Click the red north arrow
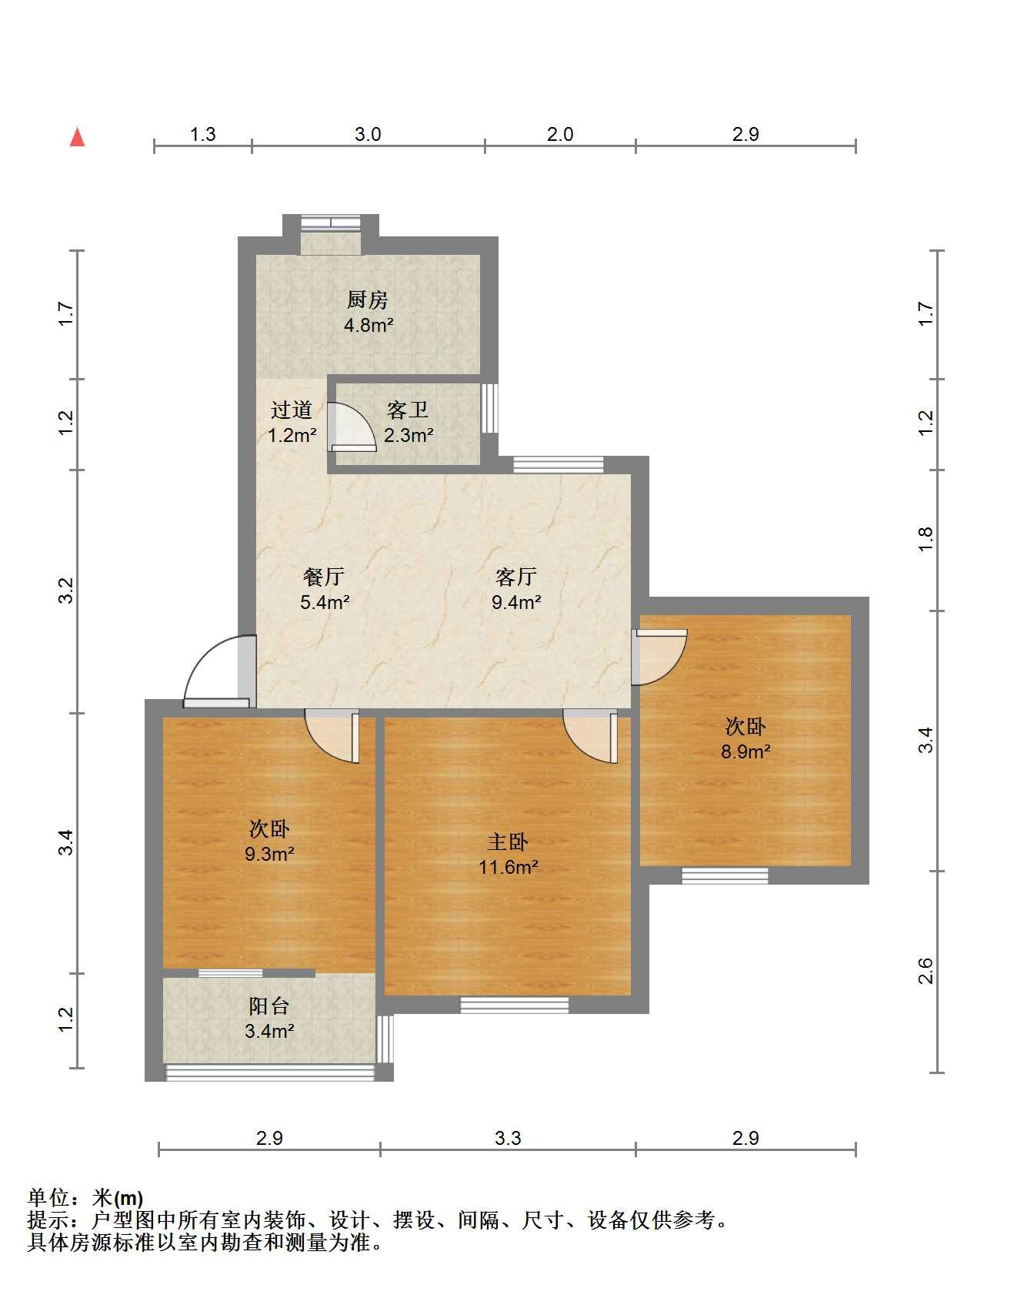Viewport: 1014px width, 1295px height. point(77,136)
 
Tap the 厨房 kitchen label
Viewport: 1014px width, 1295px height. point(368,299)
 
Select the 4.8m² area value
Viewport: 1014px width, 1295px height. point(369,325)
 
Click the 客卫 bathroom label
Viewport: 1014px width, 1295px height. point(408,410)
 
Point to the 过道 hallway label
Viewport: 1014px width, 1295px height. point(292,410)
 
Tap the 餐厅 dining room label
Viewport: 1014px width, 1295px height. point(324,577)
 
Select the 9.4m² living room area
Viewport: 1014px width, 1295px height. point(516,602)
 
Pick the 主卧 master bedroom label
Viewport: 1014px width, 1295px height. point(508,842)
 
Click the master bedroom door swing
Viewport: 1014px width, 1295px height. point(591,735)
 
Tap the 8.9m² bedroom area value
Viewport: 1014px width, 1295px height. point(745,751)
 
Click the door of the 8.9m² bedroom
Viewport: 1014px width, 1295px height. point(659,657)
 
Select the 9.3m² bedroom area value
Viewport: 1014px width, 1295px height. point(269,854)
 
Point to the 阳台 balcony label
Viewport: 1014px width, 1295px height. point(269,1006)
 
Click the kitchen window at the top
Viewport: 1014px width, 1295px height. point(331,223)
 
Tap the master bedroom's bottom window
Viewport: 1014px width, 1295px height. point(515,1004)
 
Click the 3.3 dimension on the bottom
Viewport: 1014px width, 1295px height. point(508,1138)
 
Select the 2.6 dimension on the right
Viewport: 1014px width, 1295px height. point(926,971)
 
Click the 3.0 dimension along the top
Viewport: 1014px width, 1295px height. point(368,134)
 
